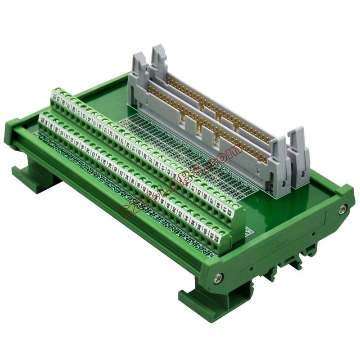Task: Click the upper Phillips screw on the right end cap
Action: click(x=343, y=208)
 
